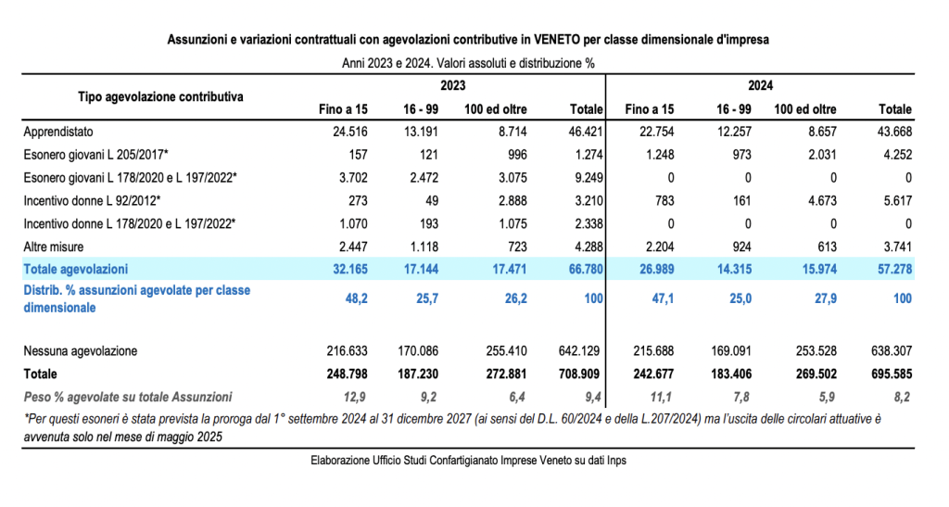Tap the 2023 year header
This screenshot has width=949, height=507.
(452, 84)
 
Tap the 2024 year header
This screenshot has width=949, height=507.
(760, 84)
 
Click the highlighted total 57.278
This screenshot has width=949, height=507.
(893, 269)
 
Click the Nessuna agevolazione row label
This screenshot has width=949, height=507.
(81, 351)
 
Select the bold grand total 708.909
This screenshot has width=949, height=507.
(582, 374)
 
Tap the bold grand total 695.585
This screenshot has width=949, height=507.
(892, 374)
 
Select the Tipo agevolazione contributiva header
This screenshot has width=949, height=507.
(160, 95)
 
